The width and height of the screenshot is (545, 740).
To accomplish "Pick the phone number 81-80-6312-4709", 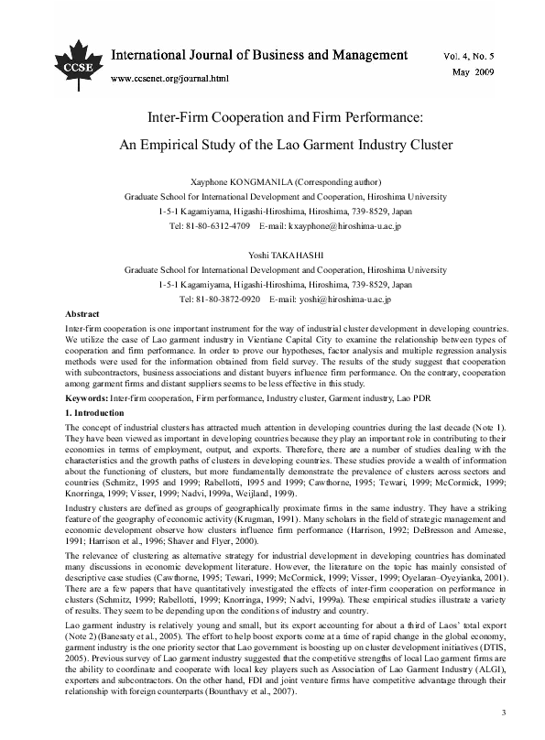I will click(223, 224).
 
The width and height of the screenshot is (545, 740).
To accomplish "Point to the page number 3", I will click(503, 713).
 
